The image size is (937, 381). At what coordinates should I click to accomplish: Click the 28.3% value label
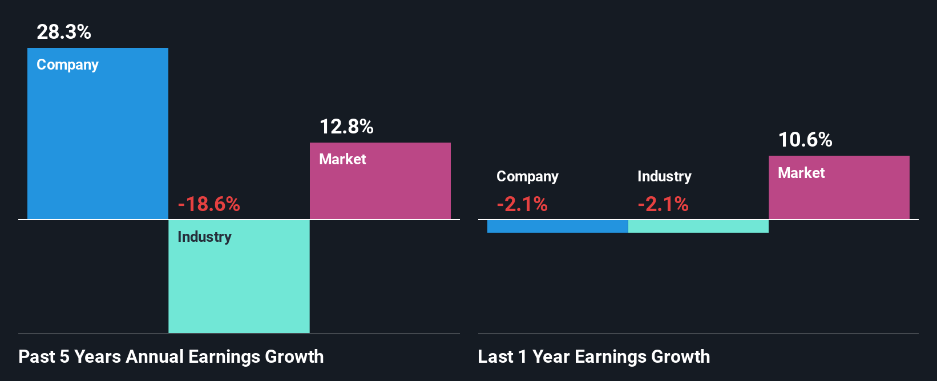tap(64, 32)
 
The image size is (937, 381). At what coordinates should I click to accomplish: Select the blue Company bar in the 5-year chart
tap(98, 143)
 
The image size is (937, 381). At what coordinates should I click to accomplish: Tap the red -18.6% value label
tap(209, 204)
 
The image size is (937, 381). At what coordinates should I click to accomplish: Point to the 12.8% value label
tap(346, 127)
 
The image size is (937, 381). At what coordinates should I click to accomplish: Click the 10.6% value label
tap(805, 140)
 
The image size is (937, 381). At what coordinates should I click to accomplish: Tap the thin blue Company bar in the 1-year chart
tap(558, 226)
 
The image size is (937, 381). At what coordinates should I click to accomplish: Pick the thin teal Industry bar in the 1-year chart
tap(698, 226)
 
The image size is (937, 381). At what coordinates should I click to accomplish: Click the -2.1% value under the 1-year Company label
tap(522, 204)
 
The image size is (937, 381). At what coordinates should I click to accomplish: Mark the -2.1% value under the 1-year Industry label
tap(663, 204)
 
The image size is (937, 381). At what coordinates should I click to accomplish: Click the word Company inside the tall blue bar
tap(67, 65)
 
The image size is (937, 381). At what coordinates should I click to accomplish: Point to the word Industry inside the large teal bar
tap(204, 237)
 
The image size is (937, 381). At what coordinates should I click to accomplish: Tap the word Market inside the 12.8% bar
tap(342, 159)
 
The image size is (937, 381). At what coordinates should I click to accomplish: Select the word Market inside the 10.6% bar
tap(801, 173)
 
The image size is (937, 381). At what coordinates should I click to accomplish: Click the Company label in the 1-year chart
tap(527, 177)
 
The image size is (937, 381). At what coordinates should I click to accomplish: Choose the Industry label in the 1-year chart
tap(664, 177)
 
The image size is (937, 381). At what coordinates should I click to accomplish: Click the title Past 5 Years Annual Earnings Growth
tap(171, 357)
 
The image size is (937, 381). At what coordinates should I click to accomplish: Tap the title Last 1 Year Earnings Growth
tap(594, 357)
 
